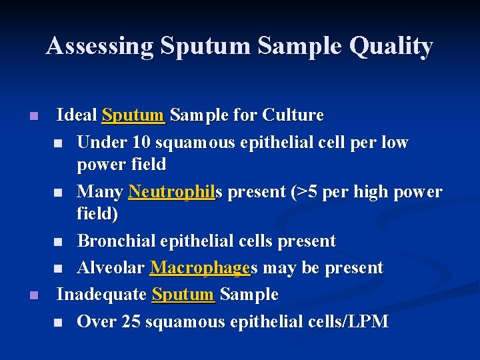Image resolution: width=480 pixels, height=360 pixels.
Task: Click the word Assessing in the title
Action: (x=99, y=46)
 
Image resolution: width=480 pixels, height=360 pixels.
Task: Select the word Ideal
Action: (x=77, y=115)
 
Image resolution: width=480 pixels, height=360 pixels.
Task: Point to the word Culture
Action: (x=293, y=115)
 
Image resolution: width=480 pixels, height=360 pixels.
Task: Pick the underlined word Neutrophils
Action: (x=177, y=192)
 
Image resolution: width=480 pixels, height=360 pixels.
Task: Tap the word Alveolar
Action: (x=111, y=268)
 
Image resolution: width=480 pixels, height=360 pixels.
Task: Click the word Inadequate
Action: (x=101, y=294)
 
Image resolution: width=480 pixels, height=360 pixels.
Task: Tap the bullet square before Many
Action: (x=59, y=193)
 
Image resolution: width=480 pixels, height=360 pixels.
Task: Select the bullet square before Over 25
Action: (x=59, y=323)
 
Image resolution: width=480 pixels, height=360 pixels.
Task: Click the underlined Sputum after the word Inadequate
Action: (x=183, y=294)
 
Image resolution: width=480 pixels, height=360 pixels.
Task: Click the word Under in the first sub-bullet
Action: (x=99, y=143)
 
